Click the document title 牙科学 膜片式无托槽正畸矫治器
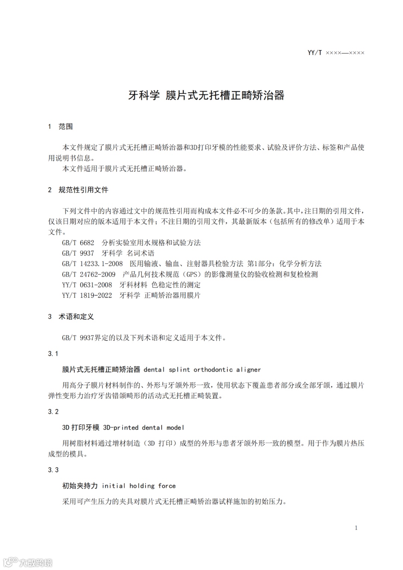pyautogui.click(x=206, y=95)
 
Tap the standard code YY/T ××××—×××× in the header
pyautogui.click(x=336, y=53)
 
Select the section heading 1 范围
pyautogui.click(x=60, y=127)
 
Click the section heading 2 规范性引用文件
pyautogui.click(x=78, y=190)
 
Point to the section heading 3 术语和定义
pyautogui.click(x=71, y=317)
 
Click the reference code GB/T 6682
pyautogui.click(x=78, y=243)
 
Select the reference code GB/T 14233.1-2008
pyautogui.click(x=92, y=264)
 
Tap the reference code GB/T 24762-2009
pyautogui.click(x=89, y=274)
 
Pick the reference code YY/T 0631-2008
pyautogui.click(x=87, y=285)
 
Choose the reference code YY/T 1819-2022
pyautogui.click(x=87, y=295)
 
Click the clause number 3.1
pyautogui.click(x=53, y=353)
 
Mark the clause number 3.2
pyautogui.click(x=53, y=411)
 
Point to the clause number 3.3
pyautogui.click(x=53, y=470)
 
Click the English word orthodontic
pyautogui.click(x=213, y=370)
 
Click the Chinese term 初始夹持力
pyautogui.click(x=80, y=486)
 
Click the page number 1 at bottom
pyautogui.click(x=356, y=527)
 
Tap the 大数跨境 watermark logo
pyautogui.click(x=28, y=562)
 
